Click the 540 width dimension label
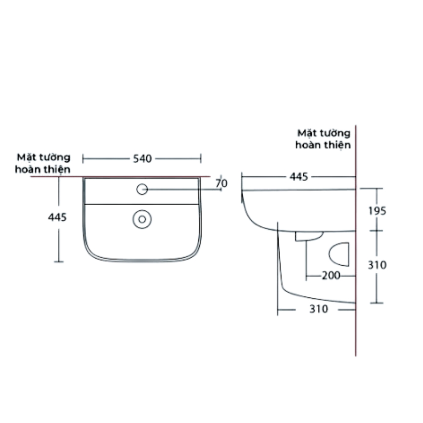(x=142, y=159)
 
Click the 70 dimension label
(x=221, y=183)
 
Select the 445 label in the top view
(x=58, y=217)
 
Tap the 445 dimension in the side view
(x=298, y=177)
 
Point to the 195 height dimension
(x=377, y=210)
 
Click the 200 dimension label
(x=331, y=276)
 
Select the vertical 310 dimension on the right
(x=377, y=265)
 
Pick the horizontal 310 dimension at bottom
(x=318, y=309)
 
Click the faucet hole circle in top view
(x=142, y=189)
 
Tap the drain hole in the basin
(x=142, y=219)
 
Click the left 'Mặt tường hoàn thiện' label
(x=43, y=163)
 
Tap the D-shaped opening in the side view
(x=340, y=254)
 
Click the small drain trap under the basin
(x=309, y=236)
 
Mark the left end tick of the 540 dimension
(x=83, y=159)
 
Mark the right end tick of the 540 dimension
(x=201, y=159)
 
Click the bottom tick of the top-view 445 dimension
(x=59, y=262)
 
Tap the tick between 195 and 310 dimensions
(x=376, y=231)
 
